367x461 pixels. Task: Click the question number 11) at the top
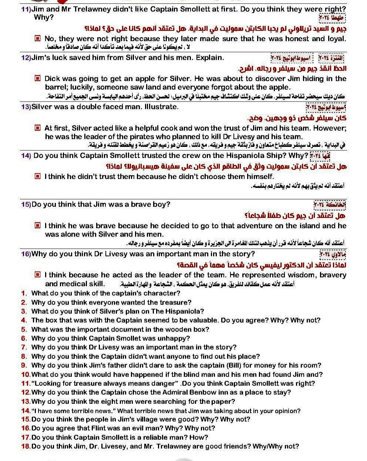click(26, 9)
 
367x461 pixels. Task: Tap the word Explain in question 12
click(209, 58)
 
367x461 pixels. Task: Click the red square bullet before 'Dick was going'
click(37, 78)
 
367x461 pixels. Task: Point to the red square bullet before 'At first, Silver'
click(37, 128)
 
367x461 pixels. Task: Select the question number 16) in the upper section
click(26, 254)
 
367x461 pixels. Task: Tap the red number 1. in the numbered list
click(24, 293)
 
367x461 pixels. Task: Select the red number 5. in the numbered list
click(24, 329)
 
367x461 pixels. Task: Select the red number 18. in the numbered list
click(26, 446)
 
